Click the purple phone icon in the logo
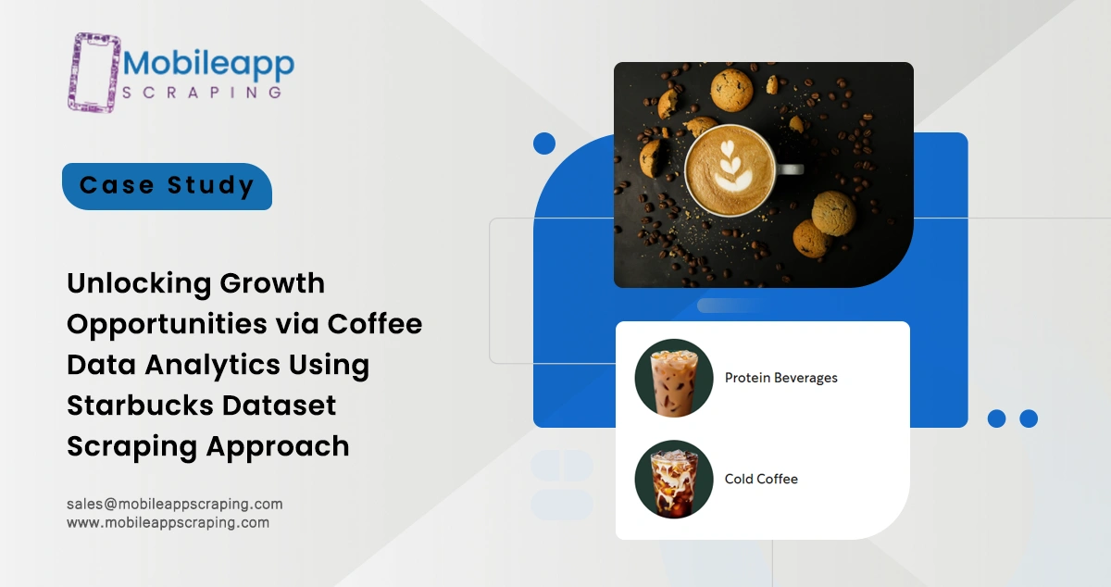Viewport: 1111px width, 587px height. (x=94, y=72)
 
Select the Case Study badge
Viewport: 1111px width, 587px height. (x=167, y=186)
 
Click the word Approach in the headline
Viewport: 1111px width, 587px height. (x=278, y=445)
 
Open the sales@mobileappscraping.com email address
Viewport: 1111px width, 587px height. (x=174, y=504)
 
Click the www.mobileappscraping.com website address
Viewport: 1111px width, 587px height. (x=168, y=522)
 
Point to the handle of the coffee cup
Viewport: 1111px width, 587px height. (x=790, y=169)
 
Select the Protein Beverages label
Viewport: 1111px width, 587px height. (x=780, y=378)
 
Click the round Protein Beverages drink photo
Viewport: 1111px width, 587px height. (x=673, y=378)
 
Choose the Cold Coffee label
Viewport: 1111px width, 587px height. (x=761, y=479)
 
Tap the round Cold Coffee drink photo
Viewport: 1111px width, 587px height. (x=673, y=479)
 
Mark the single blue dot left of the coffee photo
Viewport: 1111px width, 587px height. (x=544, y=143)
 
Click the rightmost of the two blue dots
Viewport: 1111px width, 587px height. (x=1028, y=418)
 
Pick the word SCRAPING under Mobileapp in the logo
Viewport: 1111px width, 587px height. (x=202, y=93)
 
